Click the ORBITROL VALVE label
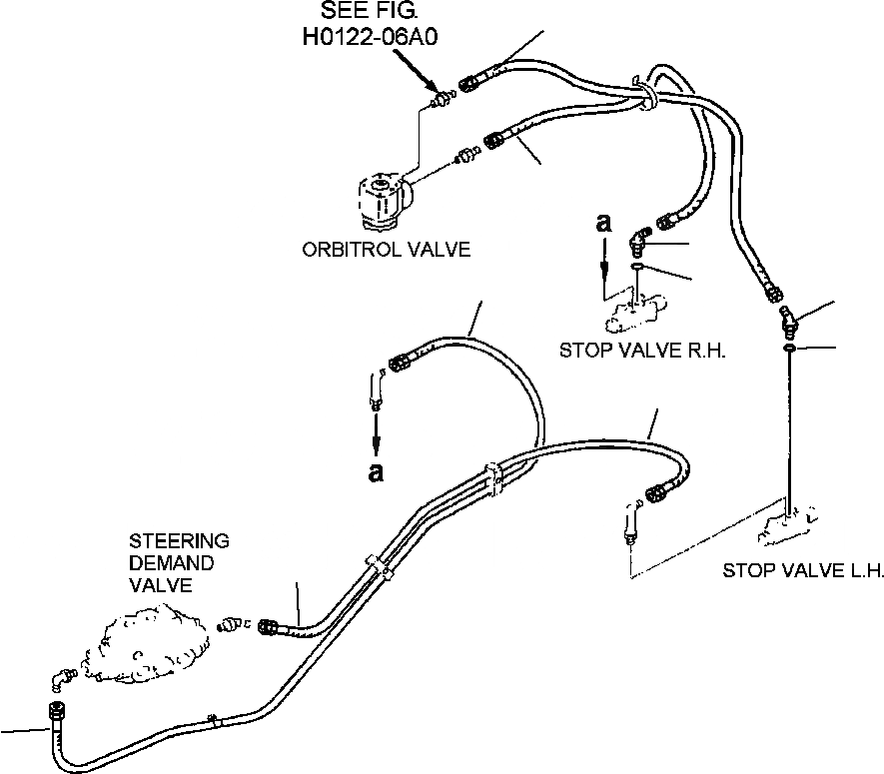pos(387,249)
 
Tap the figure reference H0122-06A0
pos(371,37)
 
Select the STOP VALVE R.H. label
pos(642,351)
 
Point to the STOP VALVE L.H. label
pos(803,570)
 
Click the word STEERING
pos(179,541)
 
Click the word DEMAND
pos(172,563)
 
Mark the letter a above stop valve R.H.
pos(603,223)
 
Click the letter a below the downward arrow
pos(376,472)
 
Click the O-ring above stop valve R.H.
pos(636,266)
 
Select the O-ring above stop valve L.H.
pos(789,349)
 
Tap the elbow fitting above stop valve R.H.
pos(639,243)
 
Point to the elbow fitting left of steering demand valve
pos(63,679)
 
